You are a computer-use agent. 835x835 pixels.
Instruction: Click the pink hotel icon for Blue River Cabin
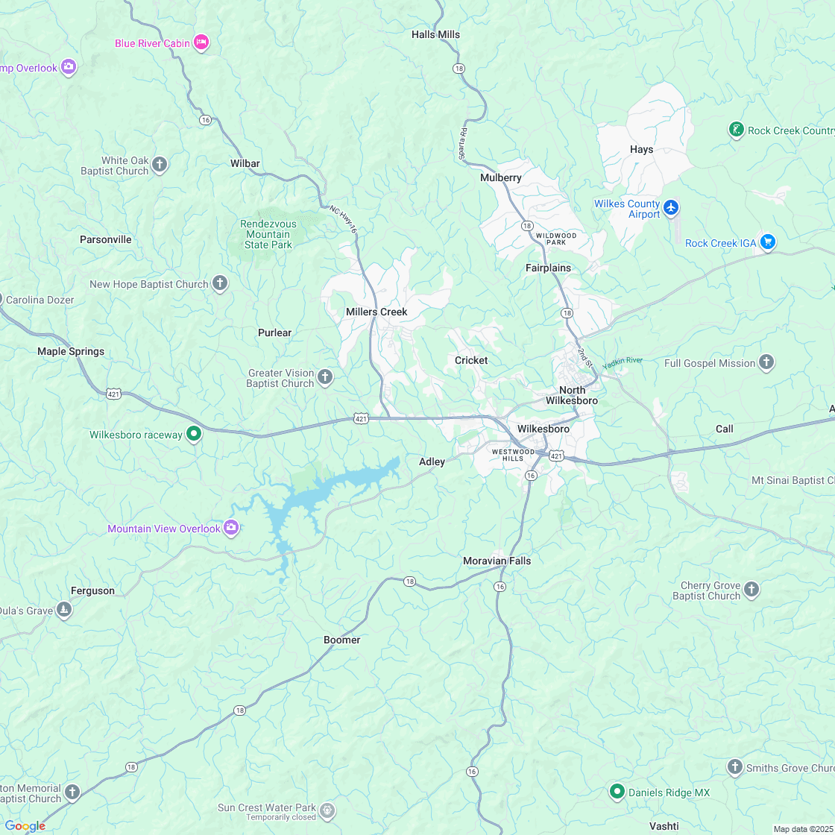pos(201,42)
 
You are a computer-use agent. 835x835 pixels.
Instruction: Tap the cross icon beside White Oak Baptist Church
pos(160,165)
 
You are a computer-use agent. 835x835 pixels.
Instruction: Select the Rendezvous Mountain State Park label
pos(268,234)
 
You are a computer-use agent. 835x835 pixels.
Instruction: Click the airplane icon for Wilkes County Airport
pos(671,207)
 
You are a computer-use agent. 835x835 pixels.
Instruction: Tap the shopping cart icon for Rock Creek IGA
pos(768,242)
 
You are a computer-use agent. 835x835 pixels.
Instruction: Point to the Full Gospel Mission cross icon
pos(766,363)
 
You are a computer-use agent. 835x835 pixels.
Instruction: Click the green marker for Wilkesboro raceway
pos(193,434)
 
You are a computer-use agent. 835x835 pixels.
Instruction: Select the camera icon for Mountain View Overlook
pos(231,529)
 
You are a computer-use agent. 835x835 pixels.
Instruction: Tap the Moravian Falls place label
pos(497,561)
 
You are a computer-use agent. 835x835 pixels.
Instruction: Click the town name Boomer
pos(342,640)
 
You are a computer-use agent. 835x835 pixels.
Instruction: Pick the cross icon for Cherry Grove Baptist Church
pos(751,590)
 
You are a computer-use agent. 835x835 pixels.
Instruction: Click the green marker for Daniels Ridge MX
pos(617,792)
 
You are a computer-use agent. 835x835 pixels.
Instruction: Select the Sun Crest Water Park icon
pos(327,810)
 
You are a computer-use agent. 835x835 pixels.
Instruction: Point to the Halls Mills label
pos(435,34)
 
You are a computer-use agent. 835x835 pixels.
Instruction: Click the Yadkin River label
pos(623,361)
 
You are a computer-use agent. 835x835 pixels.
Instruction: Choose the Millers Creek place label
pos(376,312)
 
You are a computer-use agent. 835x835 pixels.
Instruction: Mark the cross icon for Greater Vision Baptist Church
pos(325,377)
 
